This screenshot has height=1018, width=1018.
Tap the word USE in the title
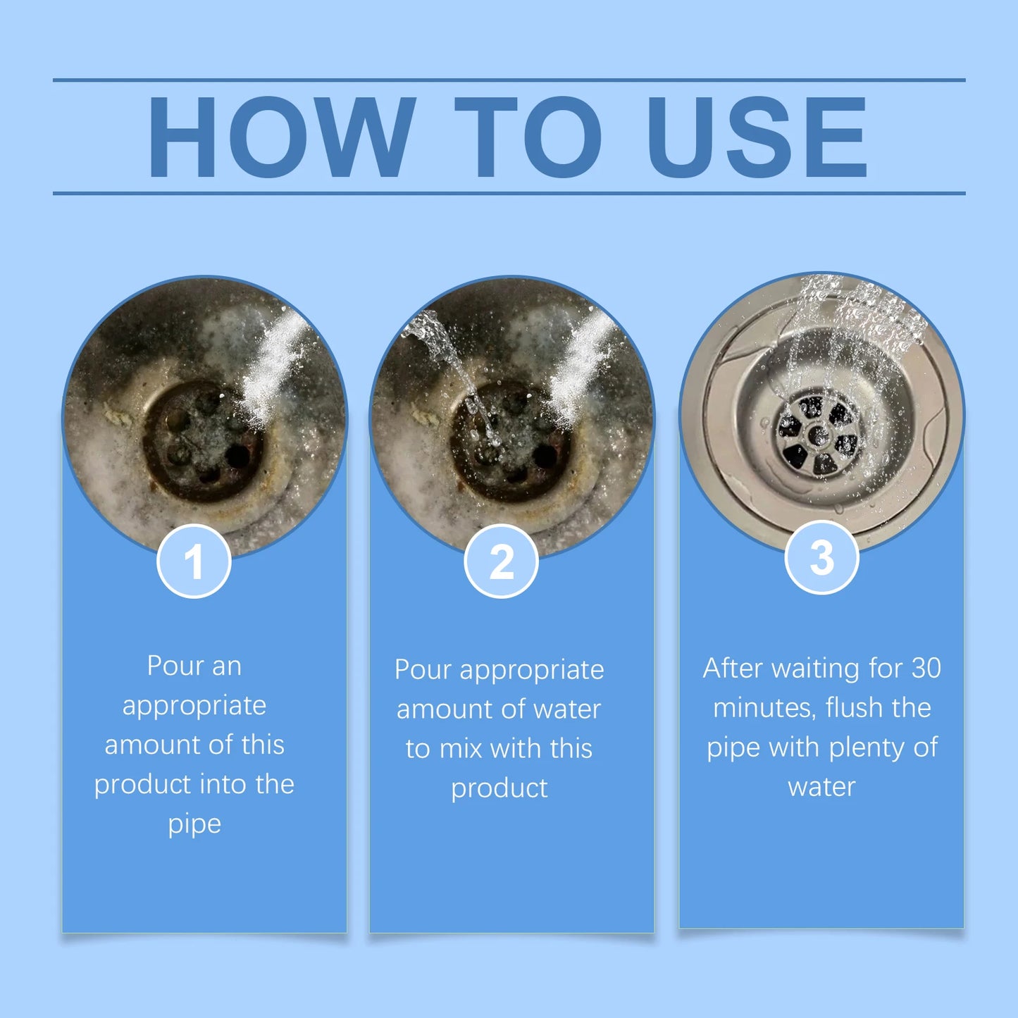click(x=757, y=137)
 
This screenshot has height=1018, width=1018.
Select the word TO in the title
click(x=528, y=137)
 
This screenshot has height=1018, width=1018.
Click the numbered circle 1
click(x=194, y=561)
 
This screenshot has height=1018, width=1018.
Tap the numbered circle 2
click(x=501, y=561)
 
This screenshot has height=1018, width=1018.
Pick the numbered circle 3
click(x=821, y=557)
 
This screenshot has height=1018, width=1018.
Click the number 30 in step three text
click(x=926, y=669)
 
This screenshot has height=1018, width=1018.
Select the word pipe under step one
click(x=194, y=824)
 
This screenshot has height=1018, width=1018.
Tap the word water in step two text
click(x=567, y=709)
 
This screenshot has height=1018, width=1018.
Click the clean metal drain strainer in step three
click(x=817, y=435)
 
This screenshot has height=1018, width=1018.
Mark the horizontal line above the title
click(x=509, y=80)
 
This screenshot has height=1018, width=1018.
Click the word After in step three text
click(x=733, y=669)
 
